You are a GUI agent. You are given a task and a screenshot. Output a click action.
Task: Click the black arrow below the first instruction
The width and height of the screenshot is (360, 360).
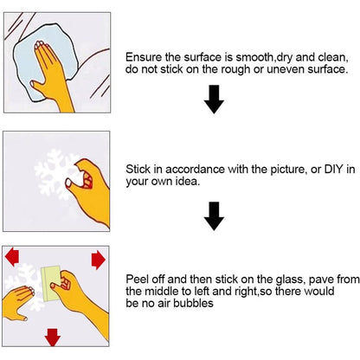214,100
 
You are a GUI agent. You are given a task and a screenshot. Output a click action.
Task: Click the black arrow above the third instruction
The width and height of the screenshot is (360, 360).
214,216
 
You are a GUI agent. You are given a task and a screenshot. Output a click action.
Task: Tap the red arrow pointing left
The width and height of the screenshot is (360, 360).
12,256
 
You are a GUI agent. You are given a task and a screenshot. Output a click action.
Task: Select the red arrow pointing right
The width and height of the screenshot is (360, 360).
99,260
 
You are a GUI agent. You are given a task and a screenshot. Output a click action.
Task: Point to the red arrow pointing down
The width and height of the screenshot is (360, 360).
53,337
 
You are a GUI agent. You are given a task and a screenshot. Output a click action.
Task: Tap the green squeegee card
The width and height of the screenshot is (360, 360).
51,284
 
